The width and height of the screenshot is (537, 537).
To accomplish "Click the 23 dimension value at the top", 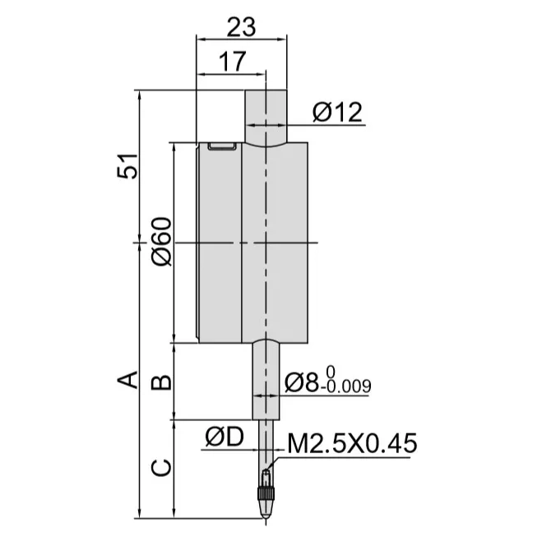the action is (x=242, y=27).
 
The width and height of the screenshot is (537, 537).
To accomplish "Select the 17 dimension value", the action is (x=233, y=62).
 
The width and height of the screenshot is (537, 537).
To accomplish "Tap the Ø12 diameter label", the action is (x=337, y=113).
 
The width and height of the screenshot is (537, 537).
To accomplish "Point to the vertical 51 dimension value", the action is (x=127, y=166).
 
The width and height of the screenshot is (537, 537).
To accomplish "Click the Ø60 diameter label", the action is (x=161, y=242).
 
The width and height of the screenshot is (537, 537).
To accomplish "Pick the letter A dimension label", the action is (x=127, y=380).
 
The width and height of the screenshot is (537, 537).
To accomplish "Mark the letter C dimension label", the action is (x=161, y=468).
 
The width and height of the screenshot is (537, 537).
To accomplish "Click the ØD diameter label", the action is (x=225, y=437).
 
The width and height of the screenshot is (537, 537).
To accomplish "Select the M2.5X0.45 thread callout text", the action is (x=353, y=443).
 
